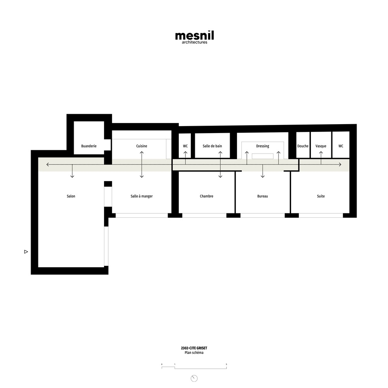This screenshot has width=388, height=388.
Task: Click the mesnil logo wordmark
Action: pos(194,35)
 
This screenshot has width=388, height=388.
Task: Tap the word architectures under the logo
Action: pos(194,42)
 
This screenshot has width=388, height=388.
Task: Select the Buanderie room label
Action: pos(89,146)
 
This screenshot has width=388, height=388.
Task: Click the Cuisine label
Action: pos(142,146)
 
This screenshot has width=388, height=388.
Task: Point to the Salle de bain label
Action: pos(212,146)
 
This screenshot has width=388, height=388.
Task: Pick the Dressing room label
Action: pos(263,146)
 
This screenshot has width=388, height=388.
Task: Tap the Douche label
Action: pos(303,146)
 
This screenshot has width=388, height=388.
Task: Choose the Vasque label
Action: pos(321,146)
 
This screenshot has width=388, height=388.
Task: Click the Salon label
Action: pos(71,196)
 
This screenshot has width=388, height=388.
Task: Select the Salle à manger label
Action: pos(142,196)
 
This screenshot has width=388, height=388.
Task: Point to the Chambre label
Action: pos(207,196)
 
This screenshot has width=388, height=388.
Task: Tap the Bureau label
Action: pos(263,196)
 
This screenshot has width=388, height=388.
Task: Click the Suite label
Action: pos(321,196)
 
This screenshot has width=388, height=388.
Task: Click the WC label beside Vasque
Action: pos(341,146)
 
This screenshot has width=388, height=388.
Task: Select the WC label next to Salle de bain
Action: pos(185,146)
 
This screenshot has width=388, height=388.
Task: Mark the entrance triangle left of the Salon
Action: pos(26,252)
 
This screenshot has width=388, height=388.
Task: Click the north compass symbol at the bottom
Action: pos(194,378)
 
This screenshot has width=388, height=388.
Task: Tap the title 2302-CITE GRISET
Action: pos(194,348)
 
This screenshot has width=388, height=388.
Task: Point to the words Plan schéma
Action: pos(194,353)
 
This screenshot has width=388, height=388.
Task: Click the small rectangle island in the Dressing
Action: pos(263,156)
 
